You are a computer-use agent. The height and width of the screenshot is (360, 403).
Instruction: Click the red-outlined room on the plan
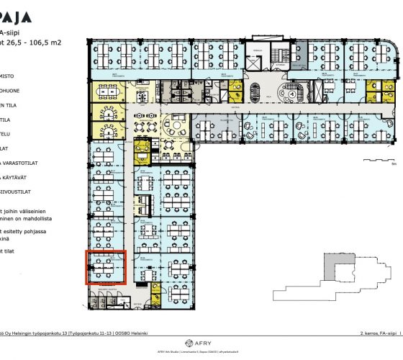click(x=107, y=267)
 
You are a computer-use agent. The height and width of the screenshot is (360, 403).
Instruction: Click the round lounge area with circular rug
click(x=176, y=127)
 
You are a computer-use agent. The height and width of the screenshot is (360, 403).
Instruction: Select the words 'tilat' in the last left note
click(x=10, y=251)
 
